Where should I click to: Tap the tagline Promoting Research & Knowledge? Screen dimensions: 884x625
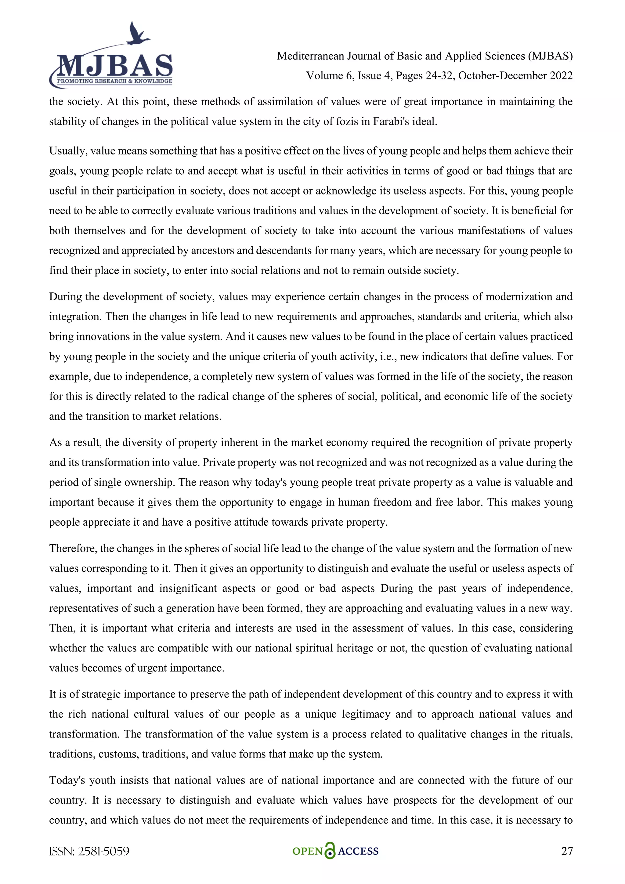pos(114,81)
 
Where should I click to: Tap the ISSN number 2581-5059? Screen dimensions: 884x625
pos(103,851)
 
